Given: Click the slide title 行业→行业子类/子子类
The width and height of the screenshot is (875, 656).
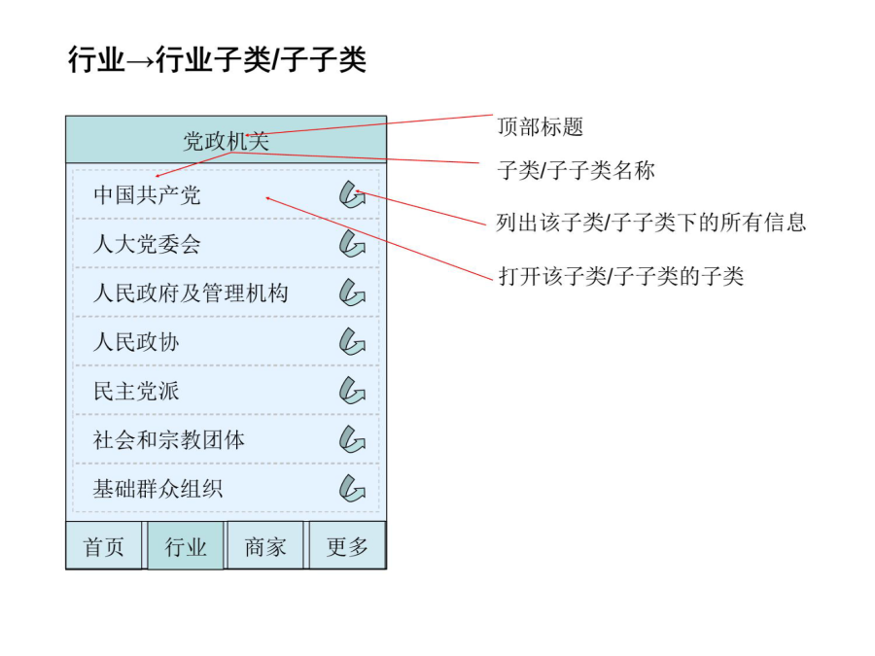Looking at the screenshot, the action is point(217,59).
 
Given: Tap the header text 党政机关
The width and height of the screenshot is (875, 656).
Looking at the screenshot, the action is point(226,141).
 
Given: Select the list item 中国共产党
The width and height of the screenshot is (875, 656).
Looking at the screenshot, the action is point(147,195).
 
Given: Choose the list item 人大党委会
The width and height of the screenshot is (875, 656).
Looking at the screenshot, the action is point(147,244).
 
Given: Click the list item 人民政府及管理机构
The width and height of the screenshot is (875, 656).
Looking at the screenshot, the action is point(191,293).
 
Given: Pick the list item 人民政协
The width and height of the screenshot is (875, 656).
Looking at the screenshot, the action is point(136,342).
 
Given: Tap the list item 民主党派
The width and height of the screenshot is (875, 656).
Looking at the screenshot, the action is point(136,391).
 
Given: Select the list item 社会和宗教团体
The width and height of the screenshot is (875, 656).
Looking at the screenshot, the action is point(169,440).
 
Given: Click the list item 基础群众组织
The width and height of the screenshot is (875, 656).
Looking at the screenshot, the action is point(157,489).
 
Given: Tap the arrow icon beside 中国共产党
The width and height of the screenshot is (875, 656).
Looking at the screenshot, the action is point(352,194).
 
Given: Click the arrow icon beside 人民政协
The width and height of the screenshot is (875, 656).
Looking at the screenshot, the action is point(352,341).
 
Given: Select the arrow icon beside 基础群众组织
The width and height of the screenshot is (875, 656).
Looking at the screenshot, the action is point(352,488).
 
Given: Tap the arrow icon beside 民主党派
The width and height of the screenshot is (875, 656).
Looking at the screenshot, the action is point(352,391).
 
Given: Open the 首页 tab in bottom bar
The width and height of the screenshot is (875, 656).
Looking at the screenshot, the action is point(104,545).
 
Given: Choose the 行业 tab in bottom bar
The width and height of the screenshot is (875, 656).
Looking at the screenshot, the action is point(186,545).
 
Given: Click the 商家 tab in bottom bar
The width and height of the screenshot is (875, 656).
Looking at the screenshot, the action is point(265,545).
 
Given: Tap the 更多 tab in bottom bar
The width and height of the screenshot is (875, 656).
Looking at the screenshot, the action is point(347,545).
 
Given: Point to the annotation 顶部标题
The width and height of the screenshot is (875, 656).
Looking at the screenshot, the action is point(541,126).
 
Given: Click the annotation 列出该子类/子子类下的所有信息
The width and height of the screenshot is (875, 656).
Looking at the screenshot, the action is point(651,223).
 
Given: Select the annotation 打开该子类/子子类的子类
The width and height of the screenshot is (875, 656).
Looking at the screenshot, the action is point(621,276).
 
